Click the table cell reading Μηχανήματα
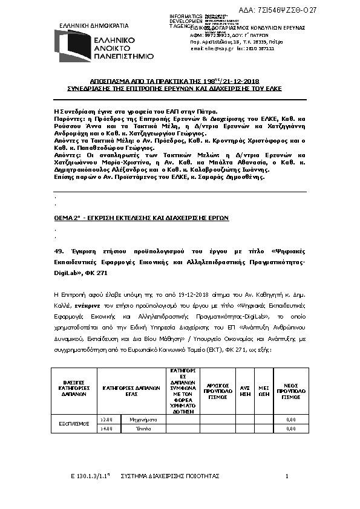[x=143, y=419]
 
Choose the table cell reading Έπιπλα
[x=143, y=428]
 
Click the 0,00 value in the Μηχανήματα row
[x=290, y=419]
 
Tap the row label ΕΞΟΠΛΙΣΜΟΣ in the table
[x=71, y=423]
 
